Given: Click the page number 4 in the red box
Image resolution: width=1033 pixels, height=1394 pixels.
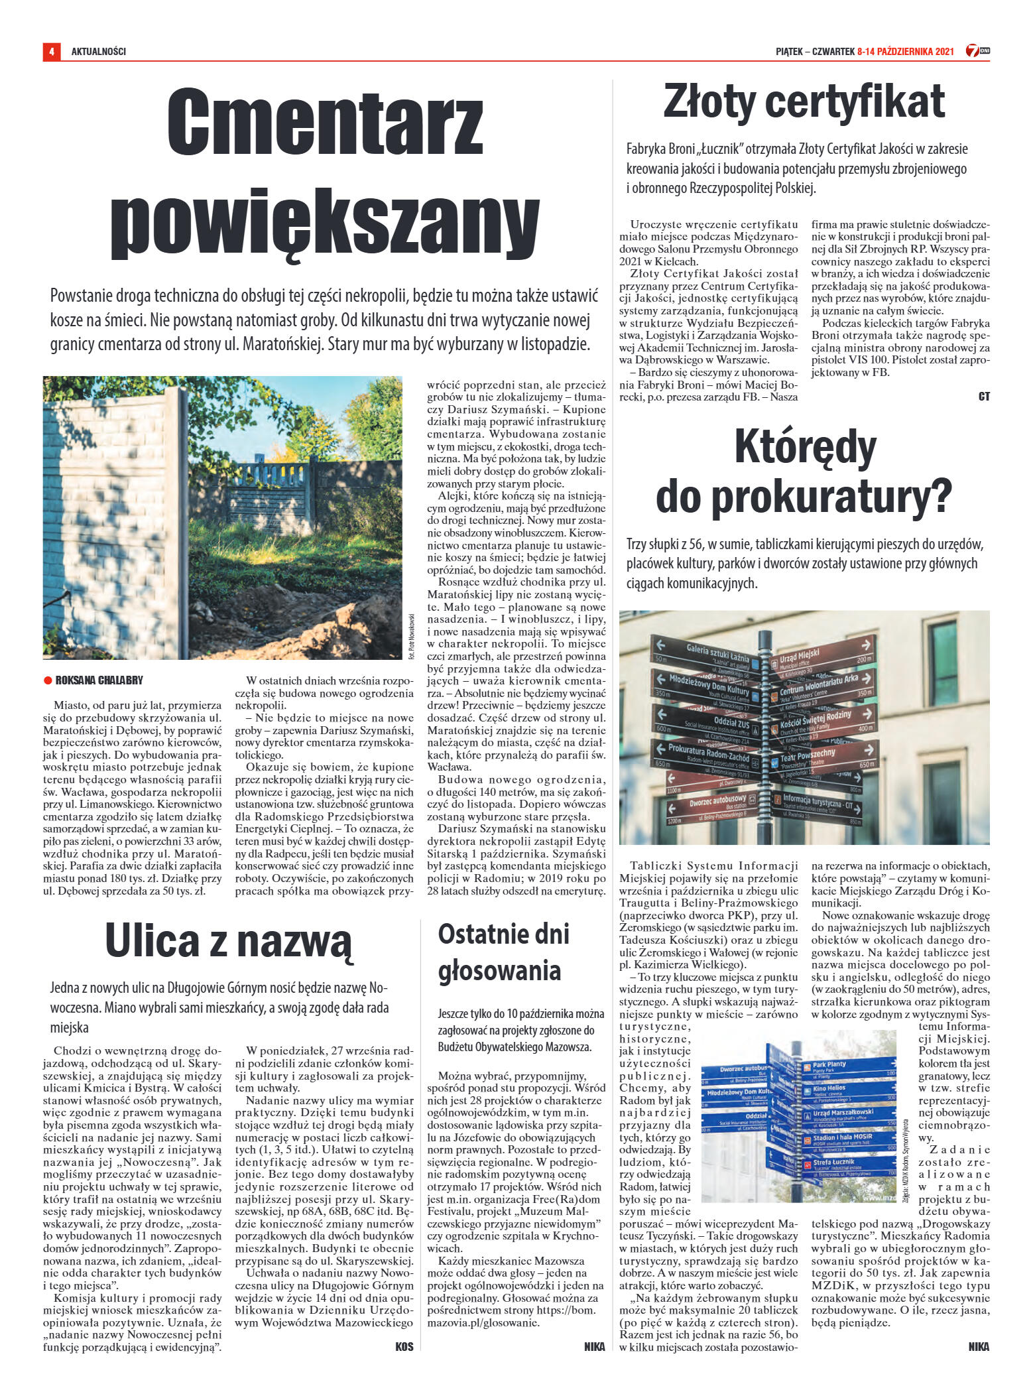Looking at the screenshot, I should (51, 51).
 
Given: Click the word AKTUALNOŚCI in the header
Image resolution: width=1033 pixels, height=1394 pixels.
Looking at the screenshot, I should (98, 51).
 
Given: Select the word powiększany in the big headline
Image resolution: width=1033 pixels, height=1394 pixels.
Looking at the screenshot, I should (324, 217).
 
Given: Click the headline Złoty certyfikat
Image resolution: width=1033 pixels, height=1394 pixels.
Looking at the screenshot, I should (804, 101).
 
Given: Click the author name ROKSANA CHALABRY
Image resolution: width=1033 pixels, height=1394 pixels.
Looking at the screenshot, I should (99, 680).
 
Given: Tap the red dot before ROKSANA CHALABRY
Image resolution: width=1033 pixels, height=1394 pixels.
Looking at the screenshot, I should (47, 680).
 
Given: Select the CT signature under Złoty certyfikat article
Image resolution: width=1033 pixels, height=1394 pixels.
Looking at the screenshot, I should (983, 397).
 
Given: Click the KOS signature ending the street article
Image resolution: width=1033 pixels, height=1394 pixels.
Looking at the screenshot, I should (404, 1347).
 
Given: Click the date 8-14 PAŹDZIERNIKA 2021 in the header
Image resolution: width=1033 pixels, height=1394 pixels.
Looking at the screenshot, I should (905, 51).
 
